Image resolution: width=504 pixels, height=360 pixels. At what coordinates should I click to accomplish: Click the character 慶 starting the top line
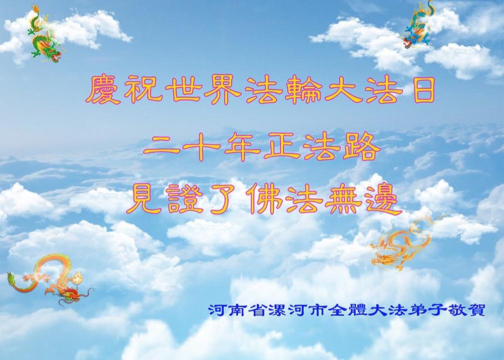click(x=103, y=89)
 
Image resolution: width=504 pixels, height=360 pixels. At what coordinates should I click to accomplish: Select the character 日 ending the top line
click(x=424, y=89)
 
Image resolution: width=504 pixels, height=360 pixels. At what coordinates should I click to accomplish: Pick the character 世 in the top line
click(x=183, y=89)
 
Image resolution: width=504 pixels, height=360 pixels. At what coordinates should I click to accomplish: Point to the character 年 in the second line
click(x=242, y=146)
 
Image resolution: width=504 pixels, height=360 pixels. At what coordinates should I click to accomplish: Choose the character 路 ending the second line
click(x=362, y=146)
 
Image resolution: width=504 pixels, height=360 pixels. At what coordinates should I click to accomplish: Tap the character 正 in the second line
click(x=282, y=146)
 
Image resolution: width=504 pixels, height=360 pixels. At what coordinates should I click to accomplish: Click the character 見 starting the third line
click(x=144, y=199)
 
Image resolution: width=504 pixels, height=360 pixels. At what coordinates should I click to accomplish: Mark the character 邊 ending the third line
click(x=384, y=199)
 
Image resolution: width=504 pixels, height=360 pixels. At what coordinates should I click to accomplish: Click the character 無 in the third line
click(x=343, y=199)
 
